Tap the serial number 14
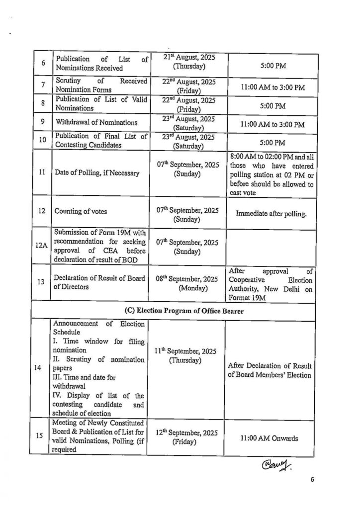43,368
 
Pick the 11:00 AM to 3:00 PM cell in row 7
272,87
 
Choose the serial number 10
43,140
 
